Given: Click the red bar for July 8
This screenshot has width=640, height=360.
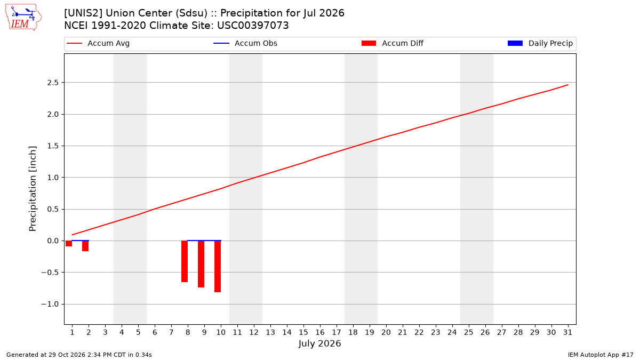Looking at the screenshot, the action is (x=185, y=261).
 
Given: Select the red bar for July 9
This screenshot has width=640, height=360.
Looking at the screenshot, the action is (x=201, y=264).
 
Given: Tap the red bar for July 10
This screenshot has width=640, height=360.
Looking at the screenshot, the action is (x=218, y=266).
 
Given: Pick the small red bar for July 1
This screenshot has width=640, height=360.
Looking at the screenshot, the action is (x=69, y=243).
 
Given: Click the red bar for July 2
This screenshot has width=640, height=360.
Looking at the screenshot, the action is (x=85, y=246).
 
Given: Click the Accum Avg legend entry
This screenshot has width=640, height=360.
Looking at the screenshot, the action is (x=98, y=43).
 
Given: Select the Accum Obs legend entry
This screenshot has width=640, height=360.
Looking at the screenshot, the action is (x=245, y=43).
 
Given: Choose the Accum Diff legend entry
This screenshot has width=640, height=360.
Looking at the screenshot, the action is (x=393, y=43).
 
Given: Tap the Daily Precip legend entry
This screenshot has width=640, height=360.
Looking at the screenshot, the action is (x=540, y=43).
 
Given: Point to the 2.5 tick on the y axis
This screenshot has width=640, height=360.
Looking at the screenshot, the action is (x=53, y=83).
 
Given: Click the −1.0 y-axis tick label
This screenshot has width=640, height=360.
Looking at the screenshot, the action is (x=50, y=305).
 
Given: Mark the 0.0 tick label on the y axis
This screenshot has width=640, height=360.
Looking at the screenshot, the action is (x=53, y=241).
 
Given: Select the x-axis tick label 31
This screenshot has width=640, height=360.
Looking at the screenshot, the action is (x=567, y=332).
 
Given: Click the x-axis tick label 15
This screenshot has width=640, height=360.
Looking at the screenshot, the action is (x=303, y=332).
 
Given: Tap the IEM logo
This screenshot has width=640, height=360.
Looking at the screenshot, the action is (x=23, y=18).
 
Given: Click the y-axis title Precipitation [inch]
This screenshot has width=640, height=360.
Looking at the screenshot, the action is (x=33, y=189).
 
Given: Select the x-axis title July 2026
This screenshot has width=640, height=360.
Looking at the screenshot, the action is (x=319, y=343).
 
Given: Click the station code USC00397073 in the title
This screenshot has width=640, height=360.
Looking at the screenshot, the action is (x=253, y=26).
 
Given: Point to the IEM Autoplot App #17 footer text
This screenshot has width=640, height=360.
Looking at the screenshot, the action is (x=601, y=355).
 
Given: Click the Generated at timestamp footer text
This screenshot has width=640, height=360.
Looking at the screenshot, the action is (x=79, y=355).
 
